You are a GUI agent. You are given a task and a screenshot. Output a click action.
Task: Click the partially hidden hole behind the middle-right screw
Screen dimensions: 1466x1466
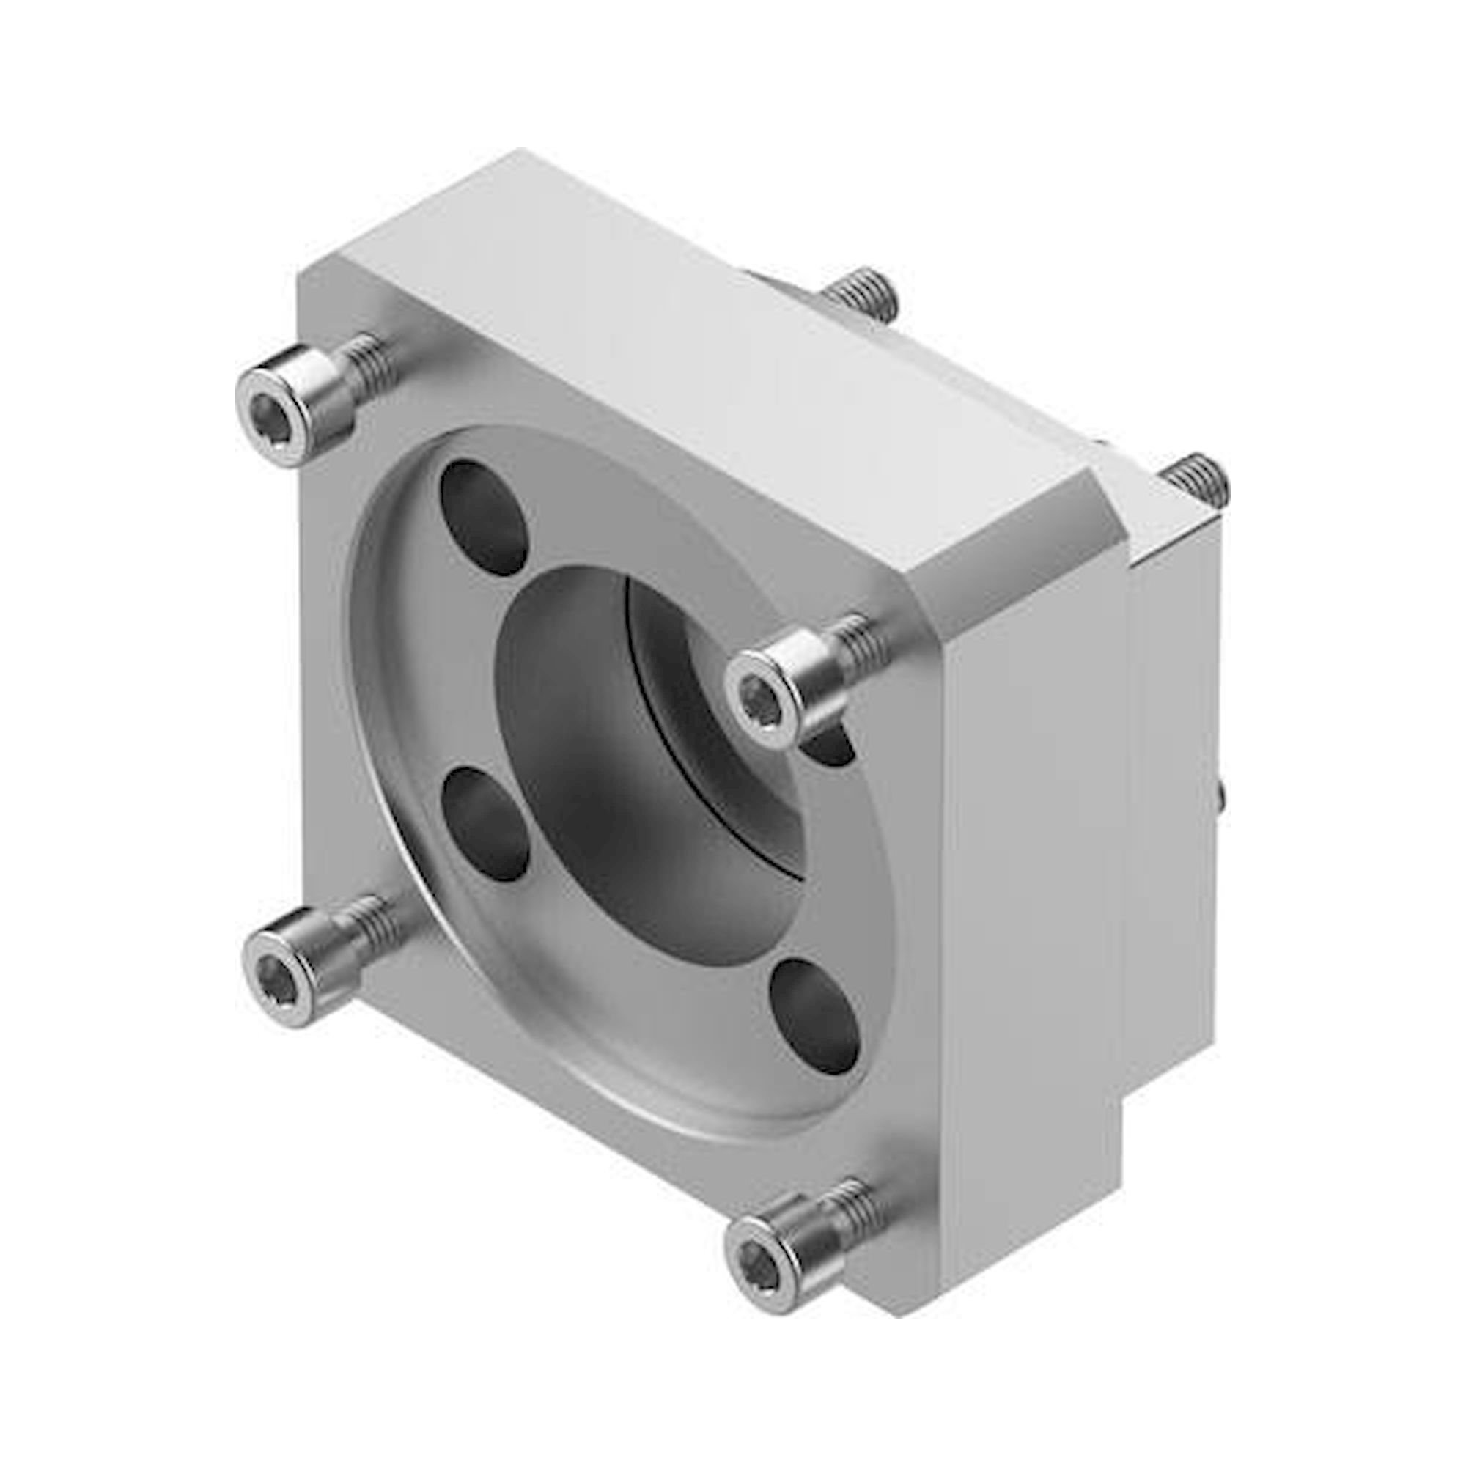835,748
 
